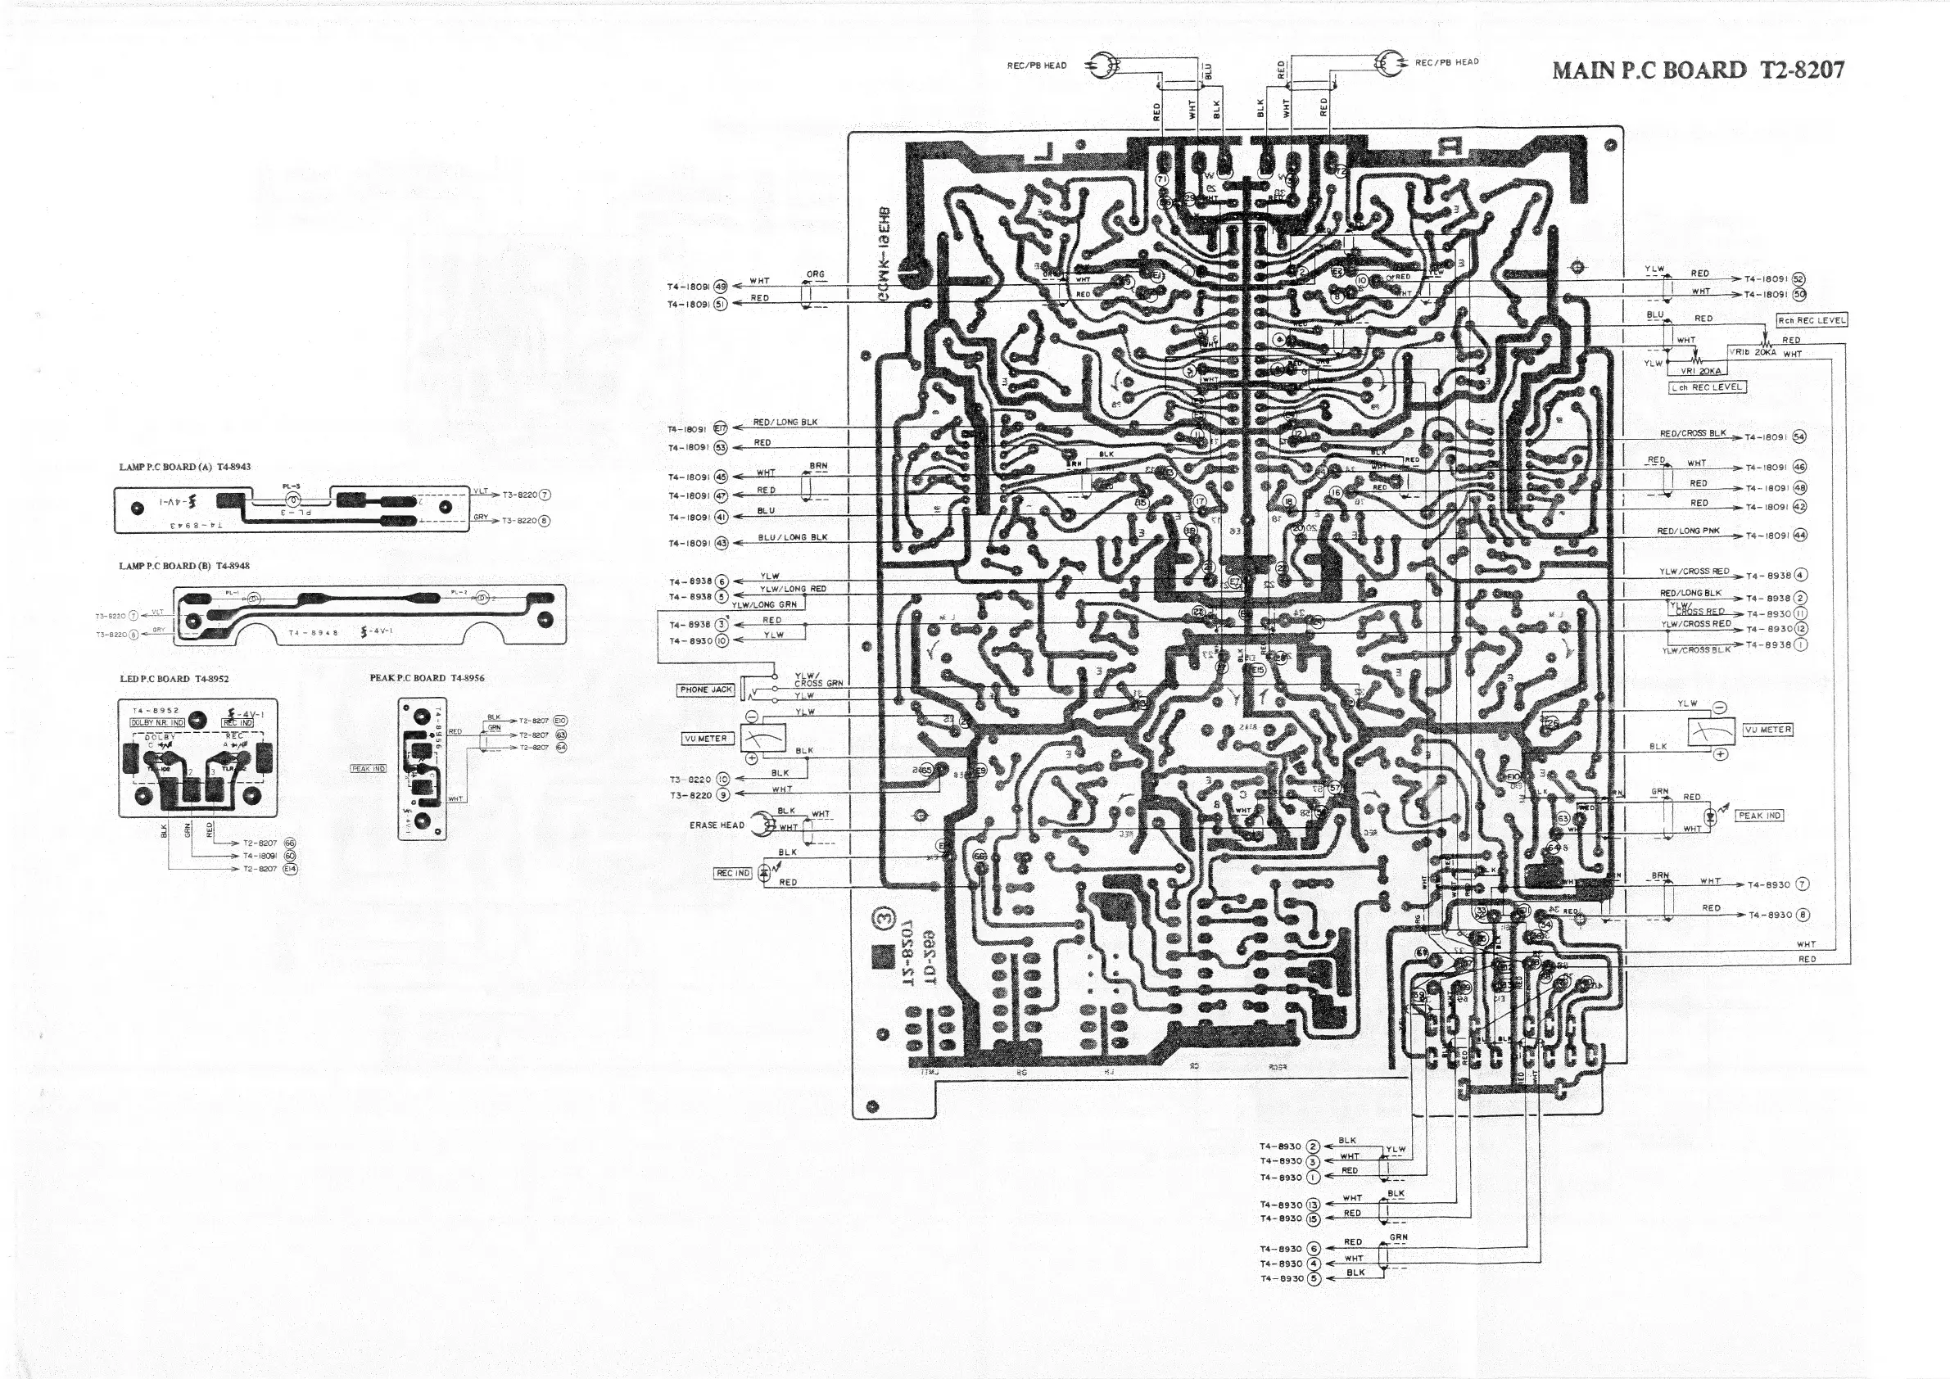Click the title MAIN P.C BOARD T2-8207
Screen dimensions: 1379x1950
(x=1699, y=70)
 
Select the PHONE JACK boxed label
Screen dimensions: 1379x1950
(x=705, y=689)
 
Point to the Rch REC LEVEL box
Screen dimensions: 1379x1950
(x=1812, y=320)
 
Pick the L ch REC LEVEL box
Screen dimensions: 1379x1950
(x=1707, y=387)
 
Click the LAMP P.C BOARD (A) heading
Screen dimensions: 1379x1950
(x=185, y=467)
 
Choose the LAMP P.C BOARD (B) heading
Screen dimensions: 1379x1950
(x=184, y=566)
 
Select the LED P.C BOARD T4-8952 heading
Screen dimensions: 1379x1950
(x=174, y=679)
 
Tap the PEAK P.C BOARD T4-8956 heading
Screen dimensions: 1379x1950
(x=428, y=677)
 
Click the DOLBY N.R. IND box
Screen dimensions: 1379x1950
(x=157, y=722)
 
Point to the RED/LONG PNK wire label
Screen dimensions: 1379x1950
(x=1689, y=531)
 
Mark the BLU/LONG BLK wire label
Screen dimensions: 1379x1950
(x=793, y=537)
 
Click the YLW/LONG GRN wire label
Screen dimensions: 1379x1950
(x=764, y=604)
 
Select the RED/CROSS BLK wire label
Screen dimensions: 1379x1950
(x=1694, y=434)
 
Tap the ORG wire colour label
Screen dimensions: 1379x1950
(x=816, y=274)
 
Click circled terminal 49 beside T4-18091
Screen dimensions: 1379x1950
(x=721, y=286)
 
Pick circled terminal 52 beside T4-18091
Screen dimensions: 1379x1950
(x=1798, y=279)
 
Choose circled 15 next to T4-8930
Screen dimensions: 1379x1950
(x=1313, y=1218)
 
